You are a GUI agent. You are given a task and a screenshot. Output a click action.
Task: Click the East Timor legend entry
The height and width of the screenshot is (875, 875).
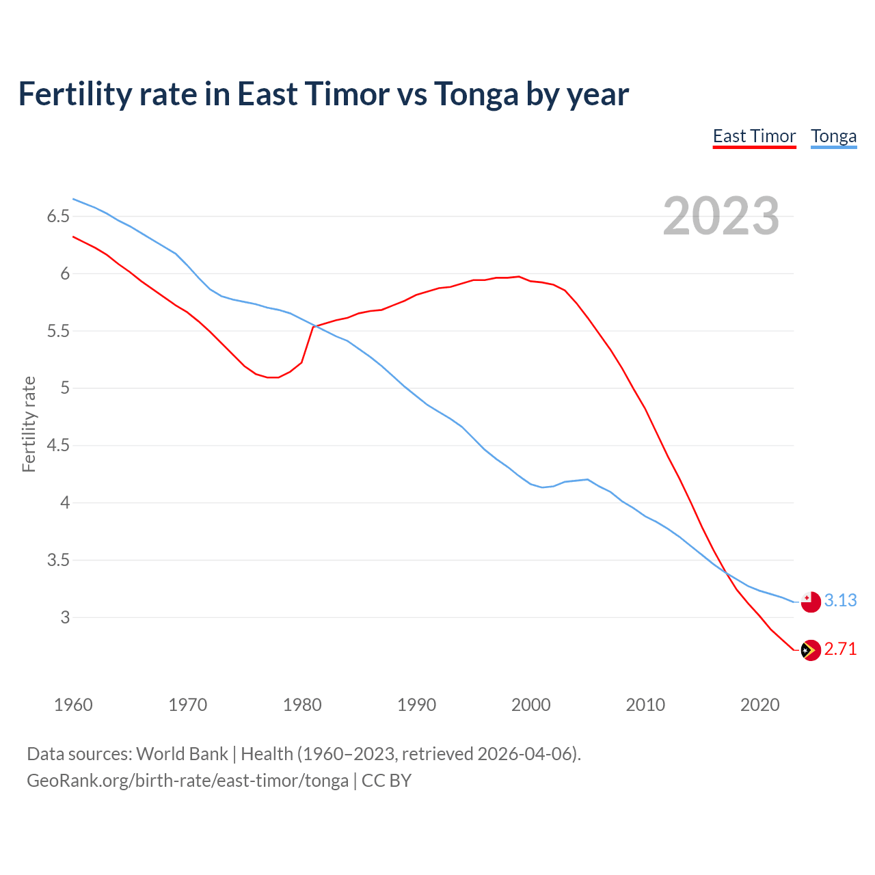754,136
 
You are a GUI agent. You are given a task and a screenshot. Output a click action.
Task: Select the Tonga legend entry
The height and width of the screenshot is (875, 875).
833,136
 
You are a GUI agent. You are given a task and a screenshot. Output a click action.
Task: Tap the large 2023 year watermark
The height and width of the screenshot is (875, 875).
721,216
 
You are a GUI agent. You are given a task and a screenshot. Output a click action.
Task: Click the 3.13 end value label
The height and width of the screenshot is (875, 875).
840,600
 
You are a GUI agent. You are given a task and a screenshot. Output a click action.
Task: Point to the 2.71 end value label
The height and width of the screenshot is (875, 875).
840,649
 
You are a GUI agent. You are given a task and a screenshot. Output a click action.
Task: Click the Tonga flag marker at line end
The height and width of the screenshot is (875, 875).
810,602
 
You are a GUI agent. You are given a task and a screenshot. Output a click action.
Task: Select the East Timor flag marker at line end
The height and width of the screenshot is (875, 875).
810,650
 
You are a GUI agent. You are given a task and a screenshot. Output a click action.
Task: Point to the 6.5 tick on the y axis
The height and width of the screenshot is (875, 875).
58,217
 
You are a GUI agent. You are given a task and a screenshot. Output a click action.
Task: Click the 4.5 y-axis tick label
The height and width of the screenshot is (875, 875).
58,446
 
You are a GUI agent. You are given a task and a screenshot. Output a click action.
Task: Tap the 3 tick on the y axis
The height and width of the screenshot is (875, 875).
65,617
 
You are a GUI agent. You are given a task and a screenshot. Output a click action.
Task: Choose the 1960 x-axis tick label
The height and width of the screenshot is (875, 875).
73,705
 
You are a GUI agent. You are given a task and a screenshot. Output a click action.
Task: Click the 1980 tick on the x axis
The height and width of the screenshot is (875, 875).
302,705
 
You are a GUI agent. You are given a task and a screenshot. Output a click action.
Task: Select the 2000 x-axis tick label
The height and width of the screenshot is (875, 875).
531,705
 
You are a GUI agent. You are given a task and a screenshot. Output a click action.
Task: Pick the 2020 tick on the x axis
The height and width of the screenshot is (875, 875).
759,705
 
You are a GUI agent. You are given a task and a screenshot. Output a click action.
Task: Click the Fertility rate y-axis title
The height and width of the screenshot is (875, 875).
29,424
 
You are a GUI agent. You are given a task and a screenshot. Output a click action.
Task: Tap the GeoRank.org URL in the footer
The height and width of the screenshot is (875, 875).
187,780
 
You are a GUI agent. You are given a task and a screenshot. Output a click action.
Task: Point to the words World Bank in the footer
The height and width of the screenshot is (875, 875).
182,754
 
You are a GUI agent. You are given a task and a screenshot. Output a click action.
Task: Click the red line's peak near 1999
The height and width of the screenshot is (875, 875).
519,277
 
